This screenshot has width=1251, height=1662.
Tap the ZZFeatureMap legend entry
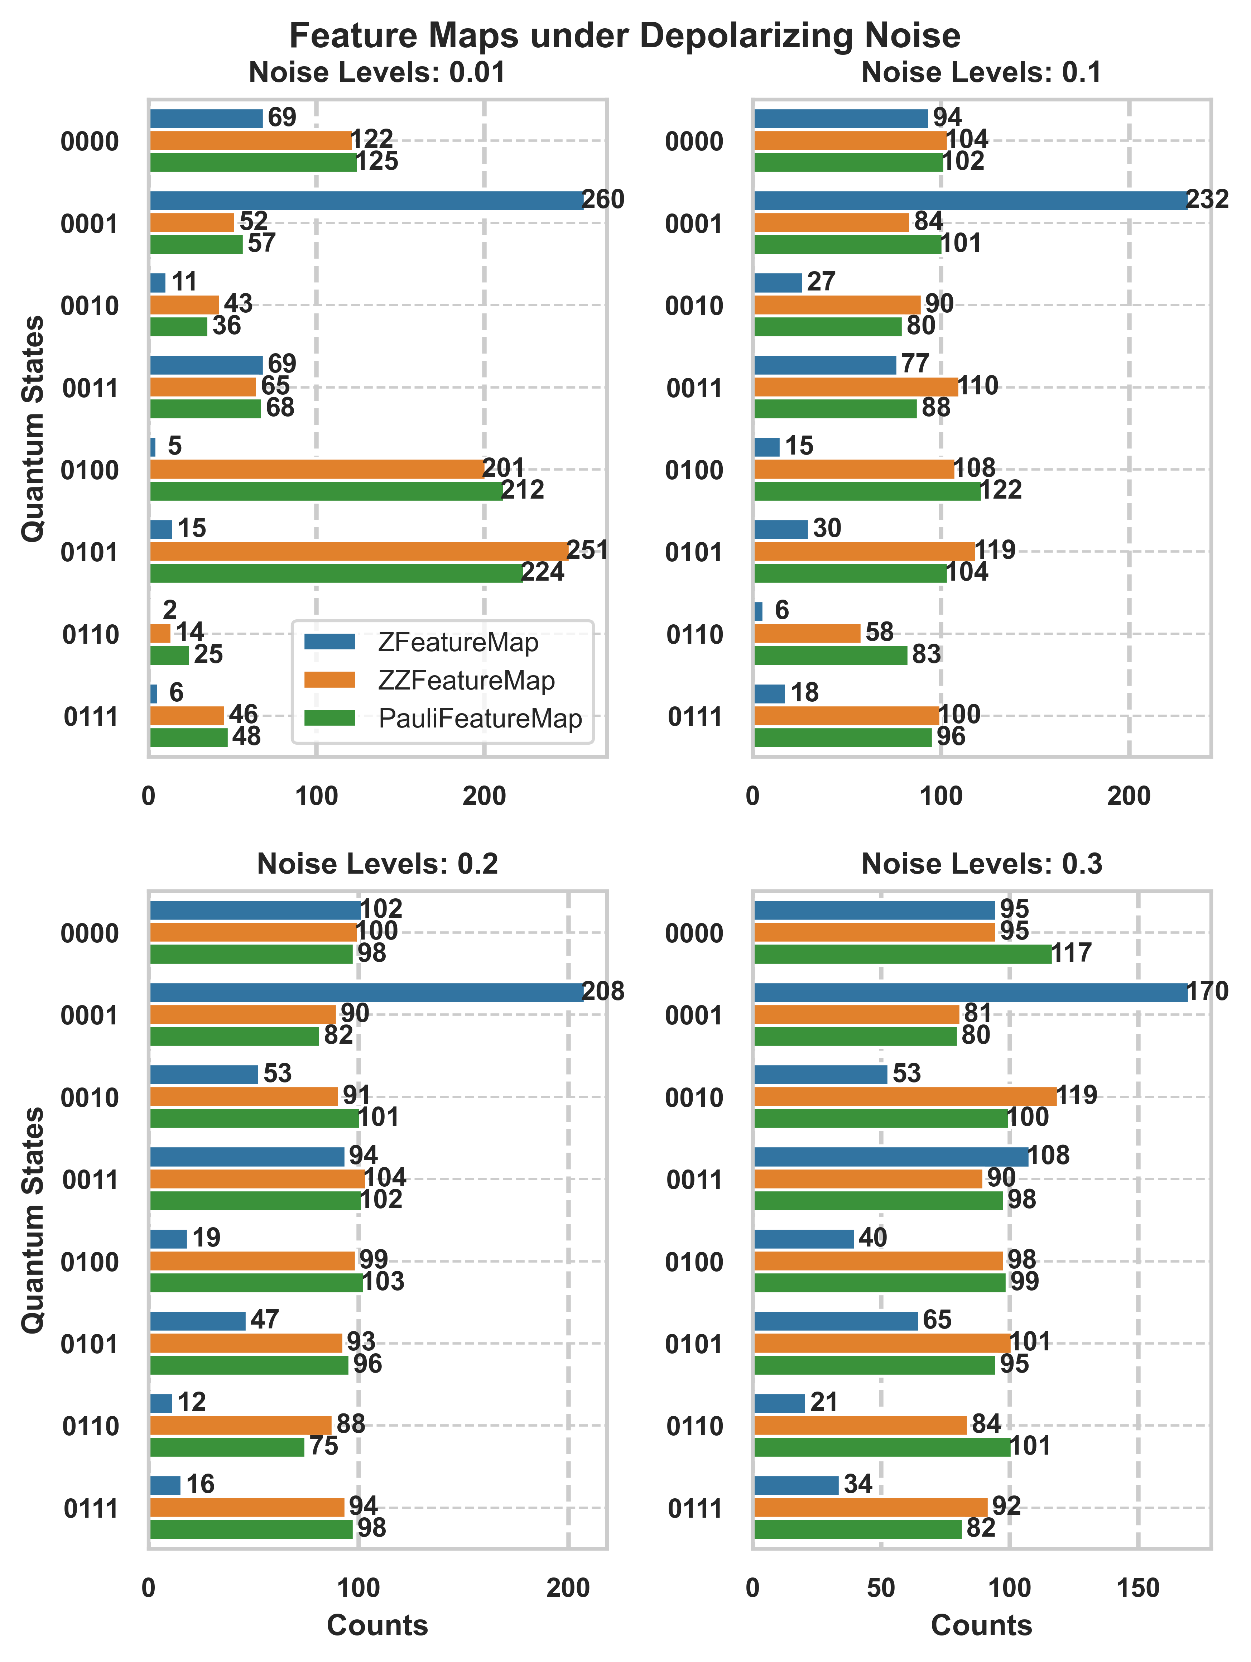point(466,681)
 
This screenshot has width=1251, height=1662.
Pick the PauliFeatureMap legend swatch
point(329,718)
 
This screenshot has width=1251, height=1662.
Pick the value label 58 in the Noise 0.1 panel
point(879,633)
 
